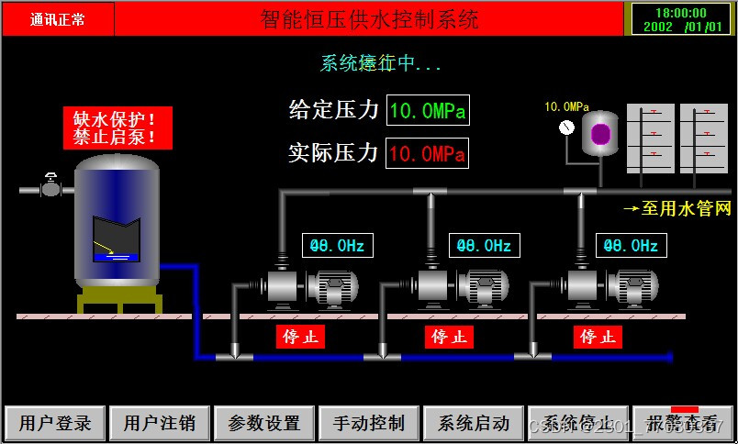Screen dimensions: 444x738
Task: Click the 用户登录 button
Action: (56, 424)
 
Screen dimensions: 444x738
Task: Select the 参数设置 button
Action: (264, 424)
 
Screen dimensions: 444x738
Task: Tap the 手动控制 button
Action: (369, 424)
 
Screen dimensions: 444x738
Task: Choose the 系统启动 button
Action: (474, 424)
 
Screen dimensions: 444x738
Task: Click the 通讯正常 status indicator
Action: (58, 18)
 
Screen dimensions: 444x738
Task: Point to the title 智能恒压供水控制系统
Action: (369, 18)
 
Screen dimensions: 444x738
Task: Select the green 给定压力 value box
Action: (428, 112)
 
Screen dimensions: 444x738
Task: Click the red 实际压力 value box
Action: (428, 153)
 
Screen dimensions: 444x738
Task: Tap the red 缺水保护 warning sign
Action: (110, 128)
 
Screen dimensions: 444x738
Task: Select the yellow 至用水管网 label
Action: (678, 209)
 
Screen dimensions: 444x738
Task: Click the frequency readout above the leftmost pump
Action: (337, 246)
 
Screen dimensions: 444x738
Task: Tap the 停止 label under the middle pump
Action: (449, 337)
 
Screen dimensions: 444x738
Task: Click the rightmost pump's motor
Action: (632, 287)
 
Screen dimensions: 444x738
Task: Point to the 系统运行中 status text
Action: (381, 63)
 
